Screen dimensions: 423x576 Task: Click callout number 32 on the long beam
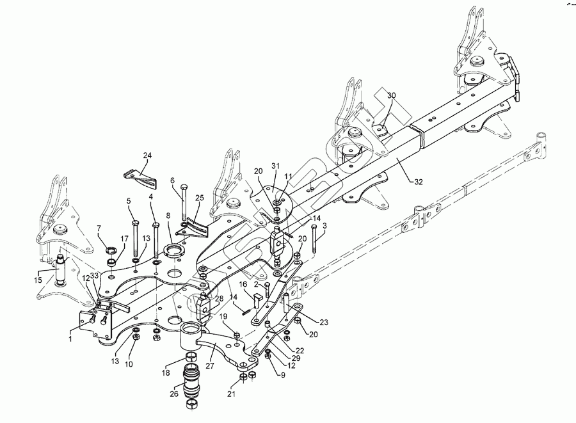(418, 182)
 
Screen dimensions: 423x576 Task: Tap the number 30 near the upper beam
(392, 95)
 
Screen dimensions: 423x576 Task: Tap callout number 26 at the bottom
(173, 394)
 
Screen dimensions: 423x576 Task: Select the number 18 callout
(166, 372)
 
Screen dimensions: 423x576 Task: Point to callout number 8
(168, 216)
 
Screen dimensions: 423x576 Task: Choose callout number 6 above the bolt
(172, 181)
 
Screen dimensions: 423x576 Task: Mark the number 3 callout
(324, 225)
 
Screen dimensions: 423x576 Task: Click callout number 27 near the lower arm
(209, 366)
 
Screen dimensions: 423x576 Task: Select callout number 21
(231, 394)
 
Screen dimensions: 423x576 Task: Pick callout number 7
(99, 228)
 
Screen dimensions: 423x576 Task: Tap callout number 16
(244, 283)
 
